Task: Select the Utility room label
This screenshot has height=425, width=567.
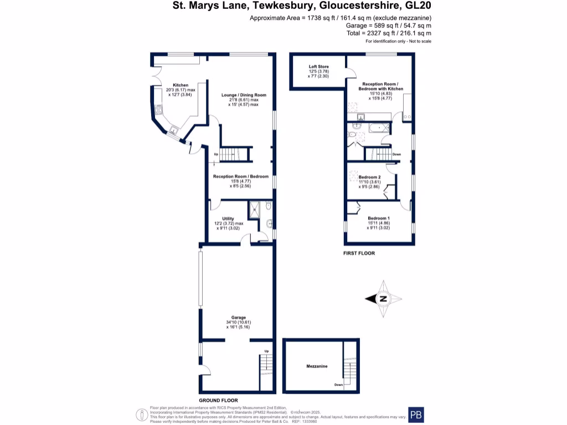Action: [229, 219]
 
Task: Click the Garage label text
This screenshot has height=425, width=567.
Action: [239, 318]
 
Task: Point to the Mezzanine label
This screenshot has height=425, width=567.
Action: [317, 366]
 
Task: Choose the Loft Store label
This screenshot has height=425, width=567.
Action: [318, 67]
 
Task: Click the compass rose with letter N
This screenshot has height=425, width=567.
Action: [383, 299]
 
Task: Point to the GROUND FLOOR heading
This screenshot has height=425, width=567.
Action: [219, 400]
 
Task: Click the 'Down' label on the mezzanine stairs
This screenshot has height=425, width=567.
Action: [338, 385]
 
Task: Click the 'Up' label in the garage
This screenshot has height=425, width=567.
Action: [266, 351]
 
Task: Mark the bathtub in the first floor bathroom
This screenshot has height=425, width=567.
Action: [379, 128]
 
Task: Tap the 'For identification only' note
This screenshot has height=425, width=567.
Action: [398, 42]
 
